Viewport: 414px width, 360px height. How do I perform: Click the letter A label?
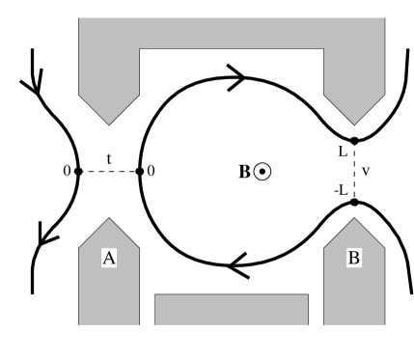109,258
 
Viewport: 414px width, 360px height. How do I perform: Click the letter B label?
354,258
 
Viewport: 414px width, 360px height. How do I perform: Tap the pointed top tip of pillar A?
109,219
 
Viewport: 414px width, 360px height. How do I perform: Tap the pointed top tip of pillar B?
354,219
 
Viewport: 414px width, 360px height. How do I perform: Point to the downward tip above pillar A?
109,124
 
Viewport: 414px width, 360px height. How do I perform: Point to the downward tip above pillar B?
354,124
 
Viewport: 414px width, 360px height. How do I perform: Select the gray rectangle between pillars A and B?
232,310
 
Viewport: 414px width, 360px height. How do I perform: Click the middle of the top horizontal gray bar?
232,33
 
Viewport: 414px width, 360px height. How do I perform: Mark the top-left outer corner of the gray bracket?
79,18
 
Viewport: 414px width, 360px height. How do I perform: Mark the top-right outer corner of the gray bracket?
383,18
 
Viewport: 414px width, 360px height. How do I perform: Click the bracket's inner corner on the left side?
140,48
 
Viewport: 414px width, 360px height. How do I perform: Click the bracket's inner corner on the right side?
323,48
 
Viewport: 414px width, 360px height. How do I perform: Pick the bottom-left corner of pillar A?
79,324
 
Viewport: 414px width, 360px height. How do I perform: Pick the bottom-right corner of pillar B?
383,324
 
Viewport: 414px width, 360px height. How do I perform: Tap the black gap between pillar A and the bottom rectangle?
148,310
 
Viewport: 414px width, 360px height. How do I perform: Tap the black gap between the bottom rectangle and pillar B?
316,310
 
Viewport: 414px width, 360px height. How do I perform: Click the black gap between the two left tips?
109,172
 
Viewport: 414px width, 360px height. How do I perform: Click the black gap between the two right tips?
354,172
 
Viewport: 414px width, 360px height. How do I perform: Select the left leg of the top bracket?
109,77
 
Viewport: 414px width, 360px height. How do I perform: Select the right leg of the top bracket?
354,77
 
